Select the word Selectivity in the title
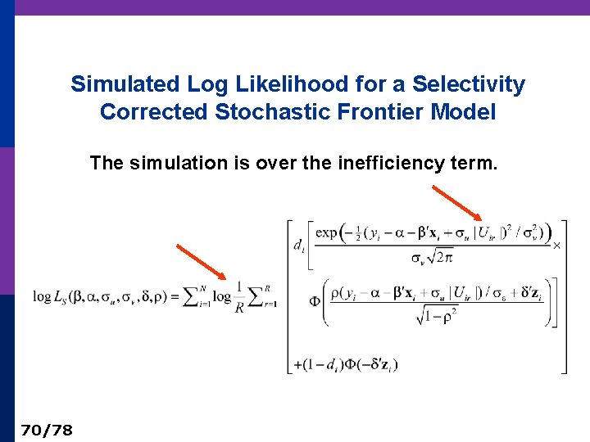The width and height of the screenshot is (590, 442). [x=469, y=84]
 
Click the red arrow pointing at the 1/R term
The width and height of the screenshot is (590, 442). [x=201, y=261]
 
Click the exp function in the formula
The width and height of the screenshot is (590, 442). [x=327, y=232]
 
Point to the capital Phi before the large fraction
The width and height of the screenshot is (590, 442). [x=315, y=301]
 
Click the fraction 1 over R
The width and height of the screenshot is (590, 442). [x=238, y=296]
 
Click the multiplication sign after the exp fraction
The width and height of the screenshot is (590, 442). [x=556, y=245]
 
